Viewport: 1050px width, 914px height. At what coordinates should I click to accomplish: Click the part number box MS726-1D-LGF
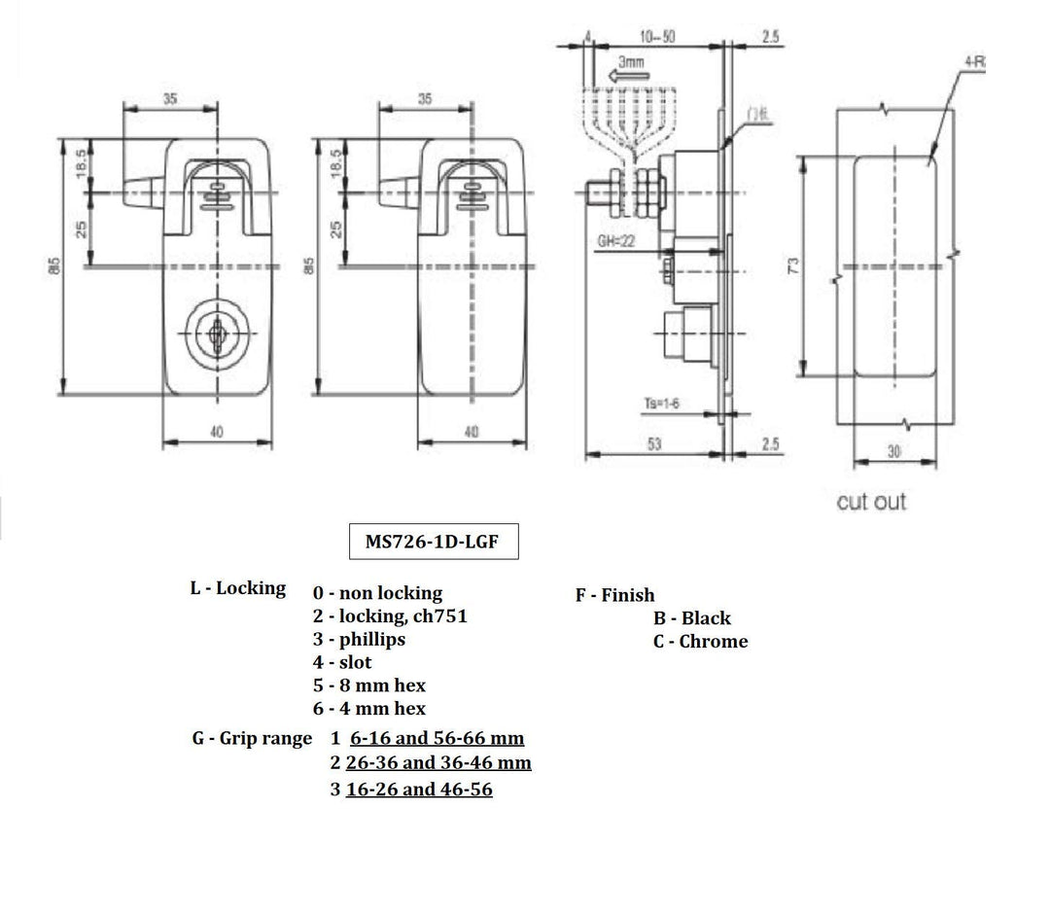434,542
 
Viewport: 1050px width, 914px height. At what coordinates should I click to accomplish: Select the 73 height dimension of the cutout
793,264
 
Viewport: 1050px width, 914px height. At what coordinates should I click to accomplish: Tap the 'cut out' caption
871,502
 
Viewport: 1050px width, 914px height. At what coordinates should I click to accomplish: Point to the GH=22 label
616,242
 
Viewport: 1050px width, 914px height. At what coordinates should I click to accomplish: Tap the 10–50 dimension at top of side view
658,36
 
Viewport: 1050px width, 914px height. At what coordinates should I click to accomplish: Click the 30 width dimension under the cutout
893,450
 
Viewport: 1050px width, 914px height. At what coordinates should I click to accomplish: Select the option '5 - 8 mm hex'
369,685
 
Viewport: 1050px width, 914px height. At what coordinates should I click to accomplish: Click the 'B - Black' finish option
692,617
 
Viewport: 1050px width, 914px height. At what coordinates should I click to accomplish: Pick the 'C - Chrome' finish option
700,641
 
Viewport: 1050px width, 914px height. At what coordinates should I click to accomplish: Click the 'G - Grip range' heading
252,738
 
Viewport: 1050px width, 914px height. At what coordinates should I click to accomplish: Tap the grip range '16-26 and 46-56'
419,789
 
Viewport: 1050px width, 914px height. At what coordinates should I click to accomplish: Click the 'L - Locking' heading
238,588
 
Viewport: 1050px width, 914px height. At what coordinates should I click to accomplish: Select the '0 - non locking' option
377,592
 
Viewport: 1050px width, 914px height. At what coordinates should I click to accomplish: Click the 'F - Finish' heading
615,594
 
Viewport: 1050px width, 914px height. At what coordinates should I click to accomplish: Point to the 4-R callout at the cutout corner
973,61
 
